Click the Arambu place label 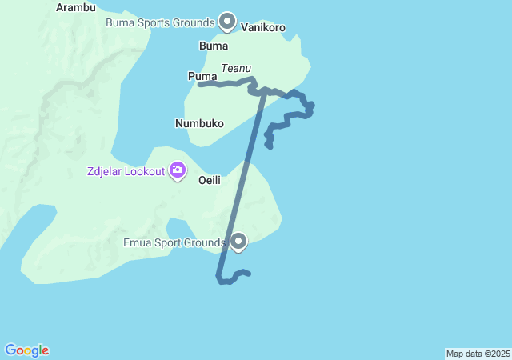tap(76, 7)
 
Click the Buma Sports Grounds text tap(160, 22)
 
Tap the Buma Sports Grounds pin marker tap(227, 22)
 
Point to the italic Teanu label tap(236, 69)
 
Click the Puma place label tap(202, 76)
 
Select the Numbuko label tap(199, 123)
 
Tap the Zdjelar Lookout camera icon tap(177, 170)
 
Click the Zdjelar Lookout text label tap(126, 170)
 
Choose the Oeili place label tap(210, 180)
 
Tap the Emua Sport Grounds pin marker tap(238, 241)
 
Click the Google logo tap(26, 350)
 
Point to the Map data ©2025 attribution tap(478, 354)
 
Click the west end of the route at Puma tap(200, 83)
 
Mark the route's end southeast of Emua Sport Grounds tap(250, 274)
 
